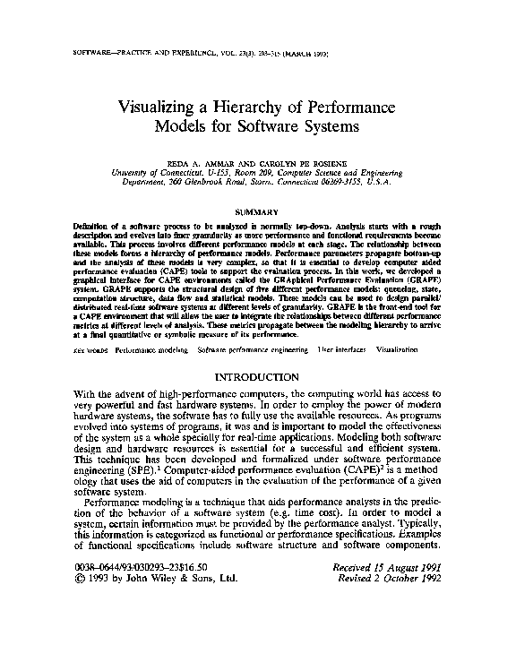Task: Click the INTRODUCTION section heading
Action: tap(258, 377)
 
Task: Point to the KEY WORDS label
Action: tap(90, 348)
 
